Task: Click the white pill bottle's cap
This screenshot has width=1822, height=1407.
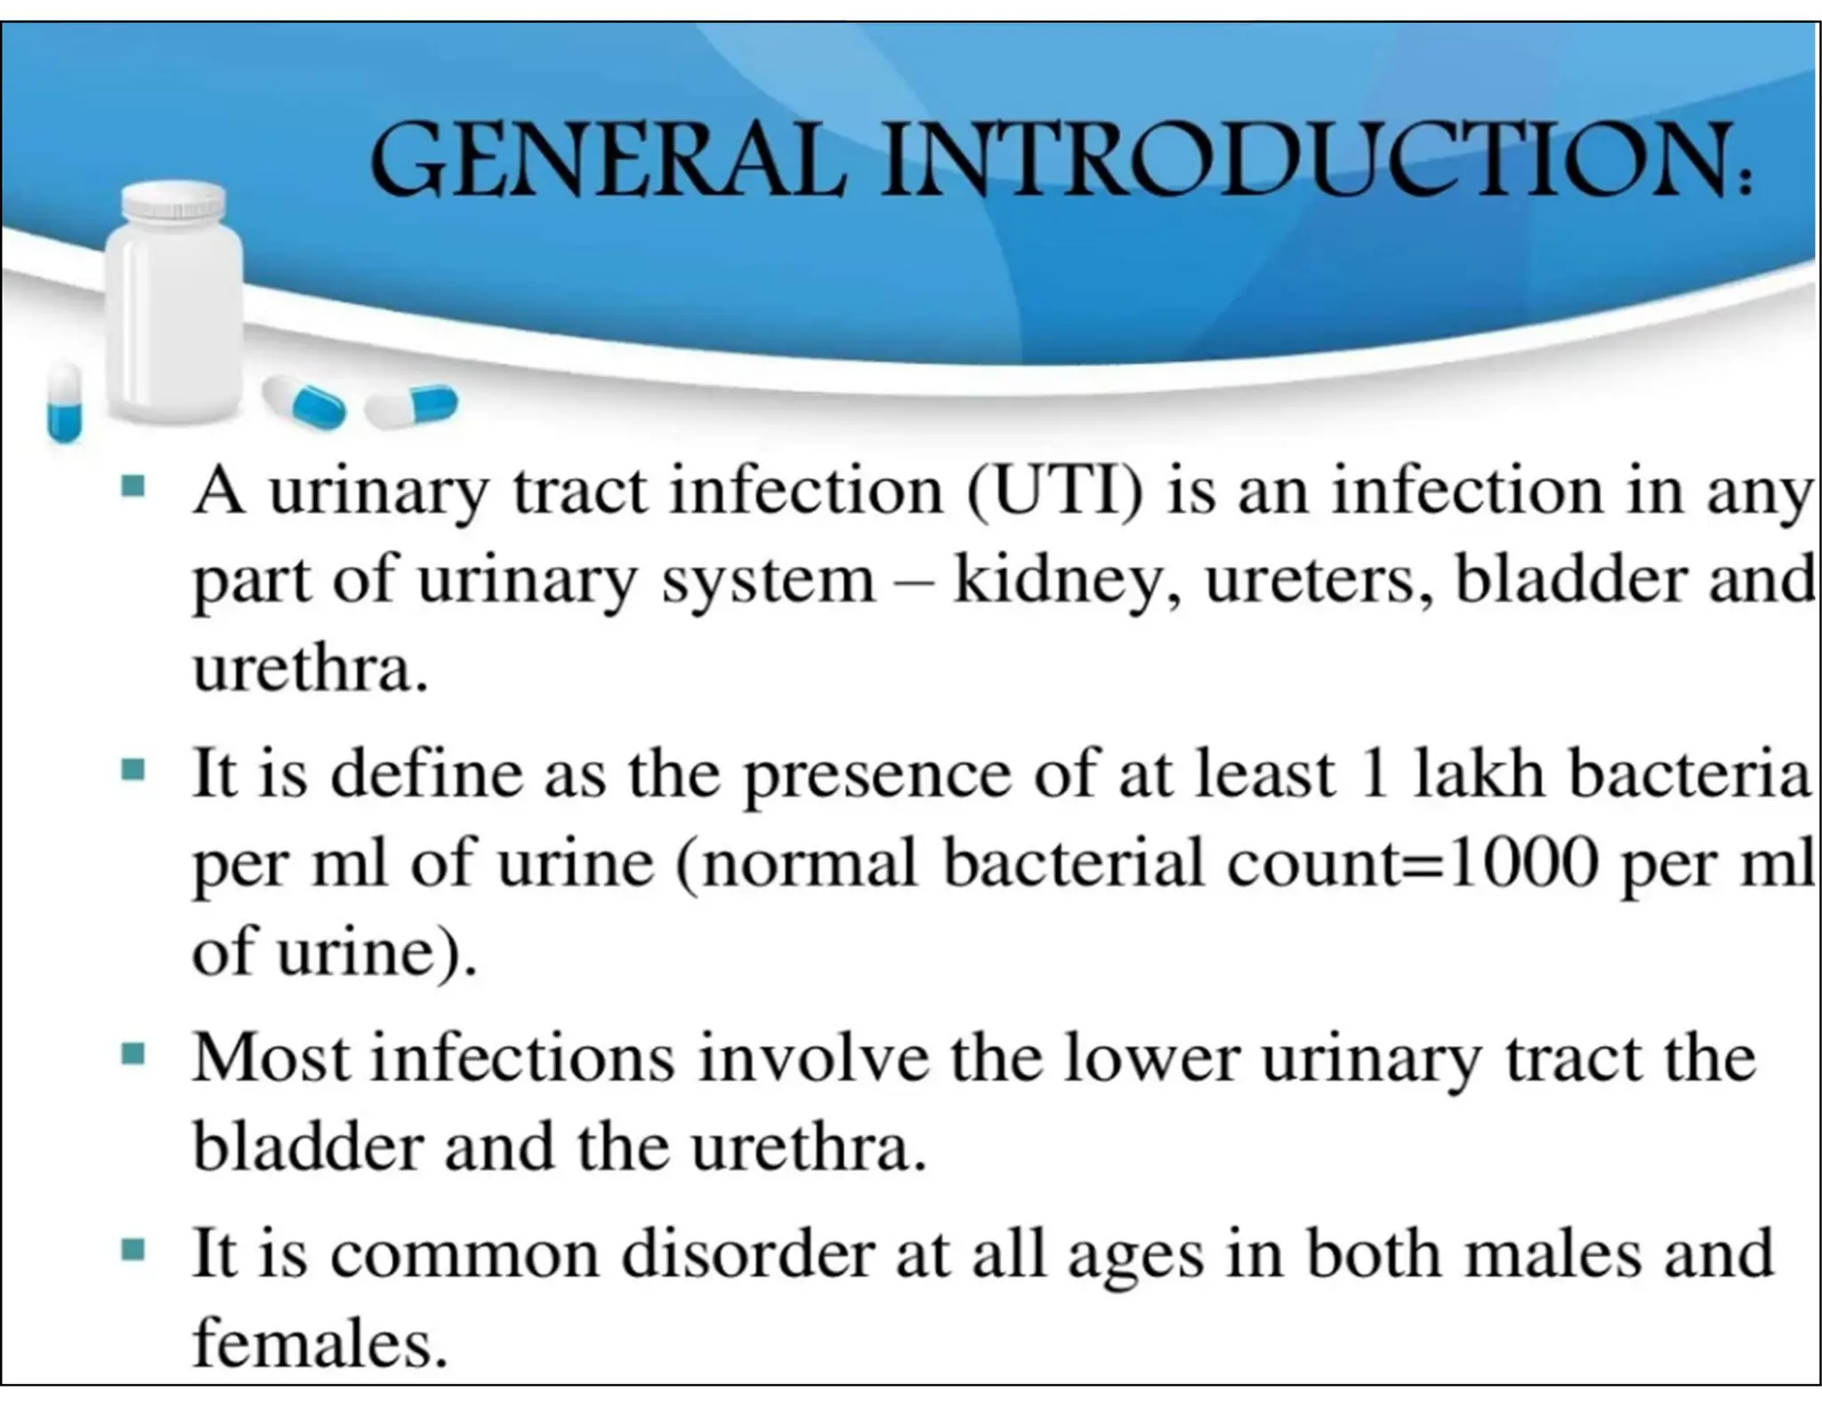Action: point(173,203)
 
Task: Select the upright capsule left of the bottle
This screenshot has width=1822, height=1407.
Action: point(64,402)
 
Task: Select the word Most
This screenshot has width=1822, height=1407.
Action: point(272,1057)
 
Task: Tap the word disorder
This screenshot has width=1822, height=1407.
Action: point(747,1253)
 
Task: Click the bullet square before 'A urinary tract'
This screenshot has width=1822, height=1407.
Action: point(133,486)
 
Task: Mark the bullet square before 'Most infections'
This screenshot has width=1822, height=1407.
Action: point(133,1055)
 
